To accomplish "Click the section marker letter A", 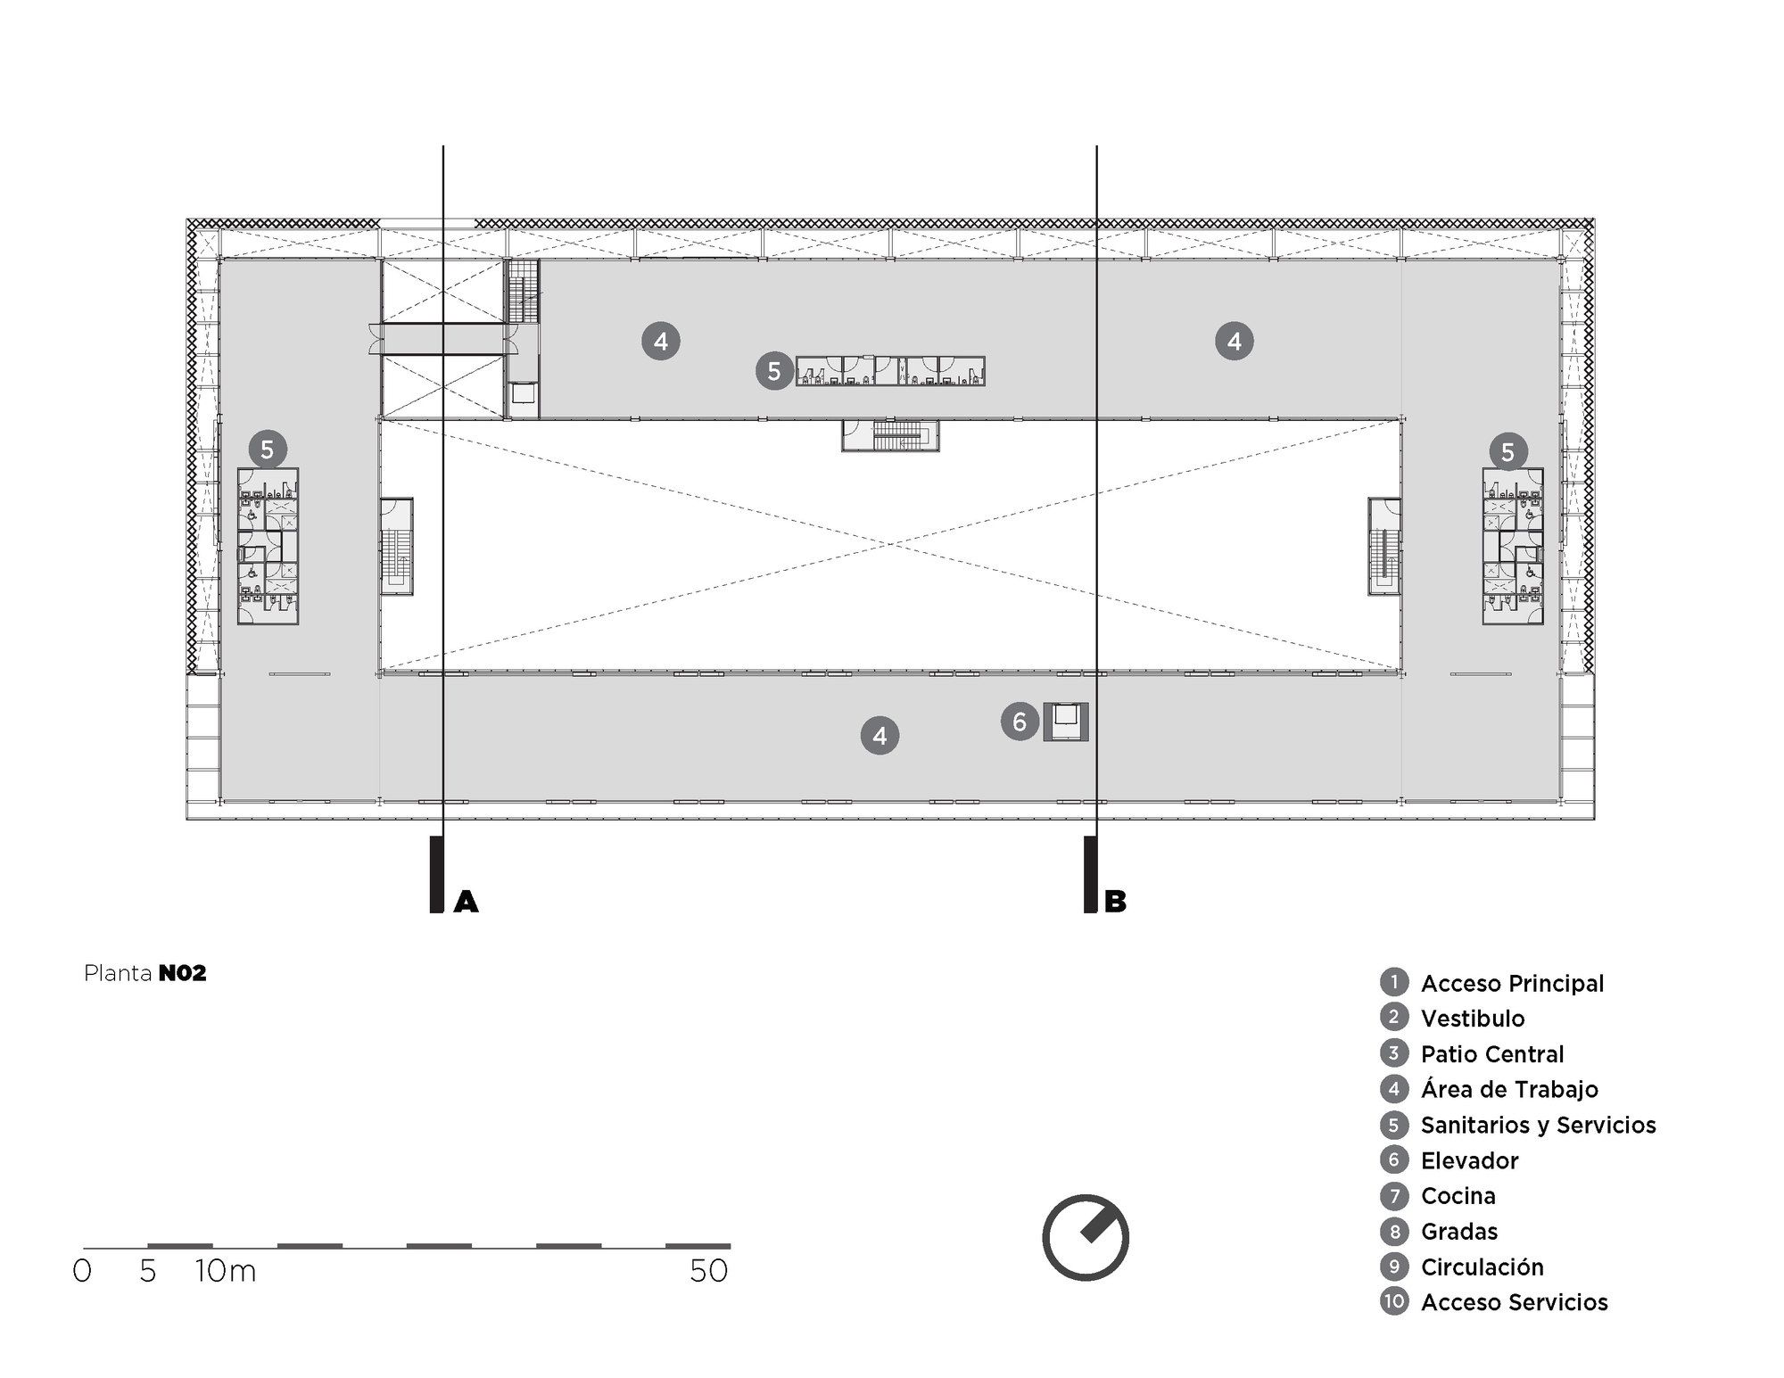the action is click(x=466, y=903).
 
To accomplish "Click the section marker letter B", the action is click(x=1115, y=902).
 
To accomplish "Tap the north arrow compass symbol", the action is click(x=1086, y=1238).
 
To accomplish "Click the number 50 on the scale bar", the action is click(x=709, y=1271).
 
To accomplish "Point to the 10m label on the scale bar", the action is click(x=226, y=1271).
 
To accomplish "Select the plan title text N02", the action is click(x=183, y=973).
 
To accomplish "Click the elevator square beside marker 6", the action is click(x=1067, y=722).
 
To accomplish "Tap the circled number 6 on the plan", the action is click(x=1020, y=721).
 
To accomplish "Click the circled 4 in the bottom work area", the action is click(x=880, y=736).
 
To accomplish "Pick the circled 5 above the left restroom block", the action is click(x=268, y=450).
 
